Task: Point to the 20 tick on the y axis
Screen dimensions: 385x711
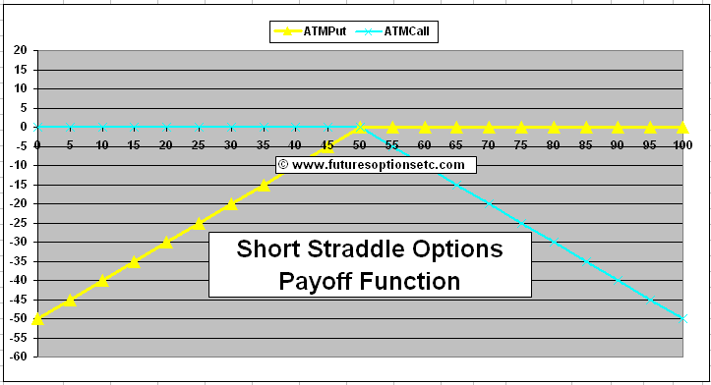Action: (21, 50)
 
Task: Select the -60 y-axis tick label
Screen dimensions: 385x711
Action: (19, 357)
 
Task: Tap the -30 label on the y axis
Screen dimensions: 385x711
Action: (19, 242)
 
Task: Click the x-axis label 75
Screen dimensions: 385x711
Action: (521, 144)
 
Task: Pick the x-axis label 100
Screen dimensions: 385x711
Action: (680, 144)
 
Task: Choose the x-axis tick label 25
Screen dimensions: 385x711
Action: (199, 144)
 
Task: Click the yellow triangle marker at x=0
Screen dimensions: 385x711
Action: (37, 318)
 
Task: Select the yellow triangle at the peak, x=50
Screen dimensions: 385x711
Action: (360, 127)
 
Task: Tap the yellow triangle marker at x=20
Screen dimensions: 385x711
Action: (166, 242)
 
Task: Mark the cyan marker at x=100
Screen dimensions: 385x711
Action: (682, 318)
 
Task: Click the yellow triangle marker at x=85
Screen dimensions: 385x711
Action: (586, 127)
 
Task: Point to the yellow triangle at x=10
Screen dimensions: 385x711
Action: (102, 280)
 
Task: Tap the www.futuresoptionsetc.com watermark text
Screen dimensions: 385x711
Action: (378, 165)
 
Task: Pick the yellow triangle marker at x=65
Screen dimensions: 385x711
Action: (457, 127)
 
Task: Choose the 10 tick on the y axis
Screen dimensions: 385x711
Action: (21, 88)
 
